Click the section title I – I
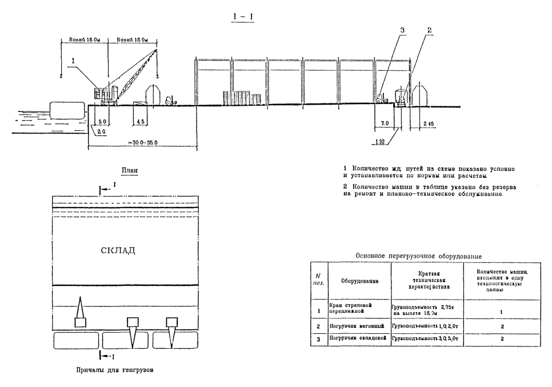tap(243, 17)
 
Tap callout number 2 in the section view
tap(429, 30)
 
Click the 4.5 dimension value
tap(141, 122)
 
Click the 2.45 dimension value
tap(429, 123)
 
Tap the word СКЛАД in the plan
tap(118, 250)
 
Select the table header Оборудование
tap(358, 281)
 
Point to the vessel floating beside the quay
tap(67, 110)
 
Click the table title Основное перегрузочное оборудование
tap(423, 257)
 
